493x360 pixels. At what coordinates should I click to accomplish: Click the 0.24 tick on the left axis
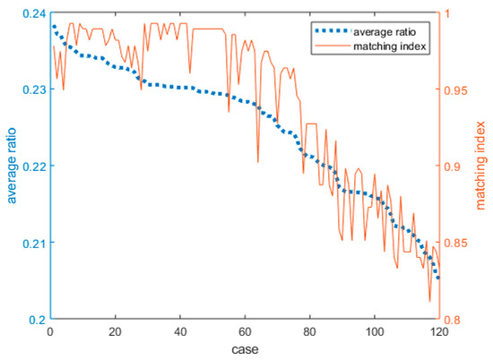(30, 13)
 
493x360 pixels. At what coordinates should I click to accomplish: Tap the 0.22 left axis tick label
(30, 167)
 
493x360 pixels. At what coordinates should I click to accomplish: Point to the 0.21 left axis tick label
(30, 244)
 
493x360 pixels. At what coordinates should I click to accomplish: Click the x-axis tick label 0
(49, 332)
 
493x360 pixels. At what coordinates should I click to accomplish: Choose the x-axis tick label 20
(114, 332)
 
